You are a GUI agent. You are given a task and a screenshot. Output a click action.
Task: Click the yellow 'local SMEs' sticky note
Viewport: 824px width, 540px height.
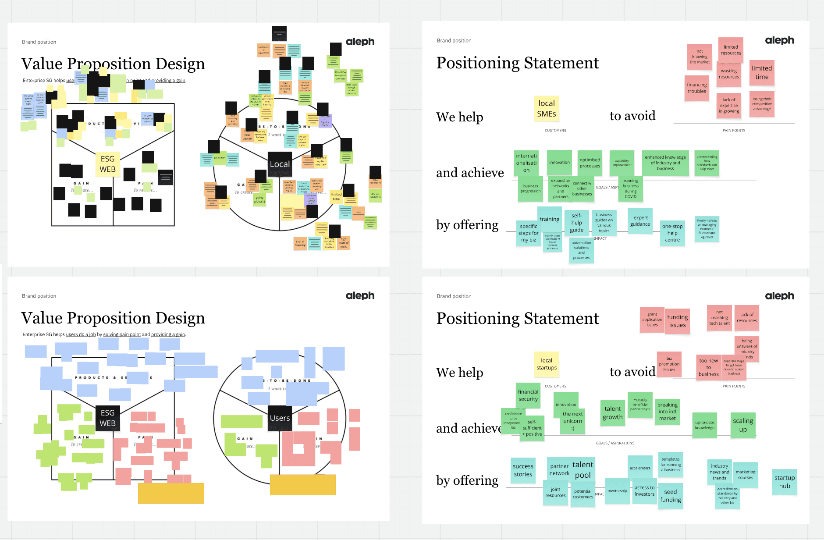pyautogui.click(x=547, y=109)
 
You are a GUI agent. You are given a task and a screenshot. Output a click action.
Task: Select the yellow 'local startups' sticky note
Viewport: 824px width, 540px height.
pyautogui.click(x=547, y=364)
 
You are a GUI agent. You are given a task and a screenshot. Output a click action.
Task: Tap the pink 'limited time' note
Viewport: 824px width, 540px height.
pyautogui.click(x=762, y=73)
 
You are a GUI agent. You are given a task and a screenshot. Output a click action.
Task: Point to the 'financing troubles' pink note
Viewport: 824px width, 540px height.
pyautogui.click(x=697, y=88)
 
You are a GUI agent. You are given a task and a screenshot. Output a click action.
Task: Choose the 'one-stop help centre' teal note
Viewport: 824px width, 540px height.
pyautogui.click(x=672, y=233)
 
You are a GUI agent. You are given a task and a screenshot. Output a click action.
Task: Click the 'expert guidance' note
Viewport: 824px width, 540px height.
pyautogui.click(x=640, y=221)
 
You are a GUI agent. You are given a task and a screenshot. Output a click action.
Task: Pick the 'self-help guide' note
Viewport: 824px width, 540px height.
pyautogui.click(x=577, y=223)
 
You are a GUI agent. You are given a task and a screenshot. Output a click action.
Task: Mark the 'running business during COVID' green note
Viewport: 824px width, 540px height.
pyautogui.click(x=631, y=188)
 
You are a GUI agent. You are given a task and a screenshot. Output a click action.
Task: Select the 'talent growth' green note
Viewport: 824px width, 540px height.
pyautogui.click(x=613, y=413)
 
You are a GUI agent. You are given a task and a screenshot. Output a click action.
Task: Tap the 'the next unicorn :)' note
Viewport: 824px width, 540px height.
pyautogui.click(x=573, y=421)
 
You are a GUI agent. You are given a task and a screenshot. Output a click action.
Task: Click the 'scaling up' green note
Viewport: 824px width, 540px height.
pyautogui.click(x=743, y=425)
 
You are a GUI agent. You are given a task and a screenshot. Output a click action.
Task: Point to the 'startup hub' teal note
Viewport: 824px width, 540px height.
pyautogui.click(x=785, y=482)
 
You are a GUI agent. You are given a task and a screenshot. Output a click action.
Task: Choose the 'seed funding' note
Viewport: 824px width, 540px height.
pyautogui.click(x=671, y=496)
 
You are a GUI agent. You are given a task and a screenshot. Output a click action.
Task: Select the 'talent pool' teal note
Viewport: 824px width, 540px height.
pyautogui.click(x=583, y=469)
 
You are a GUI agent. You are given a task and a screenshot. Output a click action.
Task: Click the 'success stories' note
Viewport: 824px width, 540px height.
pyautogui.click(x=523, y=470)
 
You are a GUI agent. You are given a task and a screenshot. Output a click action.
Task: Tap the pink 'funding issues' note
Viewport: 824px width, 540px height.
pyautogui.click(x=678, y=321)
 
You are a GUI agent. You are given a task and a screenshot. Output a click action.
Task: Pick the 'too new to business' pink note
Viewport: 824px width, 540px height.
pyautogui.click(x=709, y=367)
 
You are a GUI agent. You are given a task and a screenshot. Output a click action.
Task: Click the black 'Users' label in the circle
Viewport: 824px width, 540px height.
pyautogui.click(x=280, y=418)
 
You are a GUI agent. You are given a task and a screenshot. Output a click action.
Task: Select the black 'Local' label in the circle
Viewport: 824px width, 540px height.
pyautogui.click(x=280, y=164)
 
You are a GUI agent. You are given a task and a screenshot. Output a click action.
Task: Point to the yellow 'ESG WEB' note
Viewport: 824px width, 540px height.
pyautogui.click(x=108, y=164)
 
